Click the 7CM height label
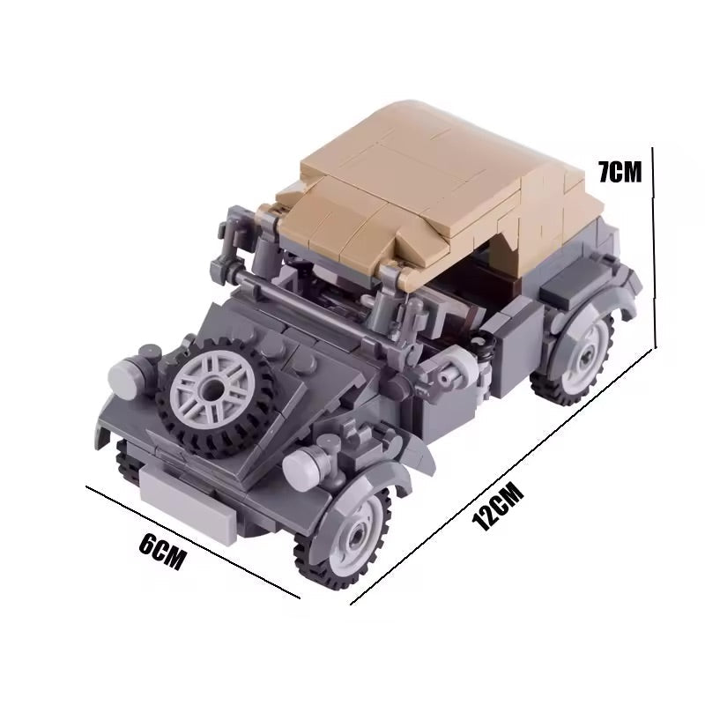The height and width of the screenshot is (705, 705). [620, 171]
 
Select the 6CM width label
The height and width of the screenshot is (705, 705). [163, 554]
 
